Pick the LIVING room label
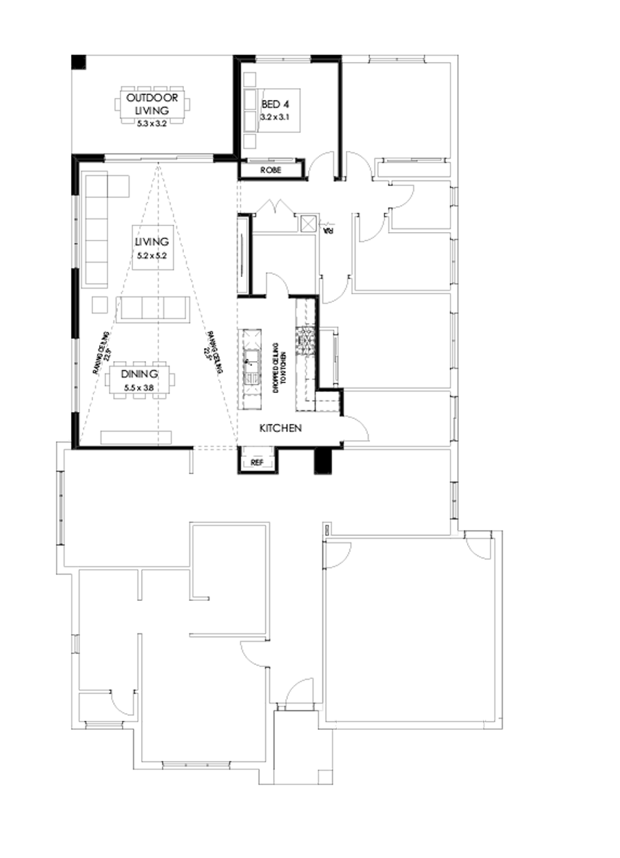click(152, 242)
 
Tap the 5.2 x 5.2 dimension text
click(152, 256)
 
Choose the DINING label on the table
click(140, 374)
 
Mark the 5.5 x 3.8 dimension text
click(140, 388)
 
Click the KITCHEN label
click(280, 428)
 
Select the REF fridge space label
click(258, 462)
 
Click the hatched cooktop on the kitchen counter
click(303, 339)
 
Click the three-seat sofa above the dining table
click(153, 309)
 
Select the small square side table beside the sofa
click(100, 305)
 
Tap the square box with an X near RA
click(309, 223)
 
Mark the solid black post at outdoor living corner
click(77, 61)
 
